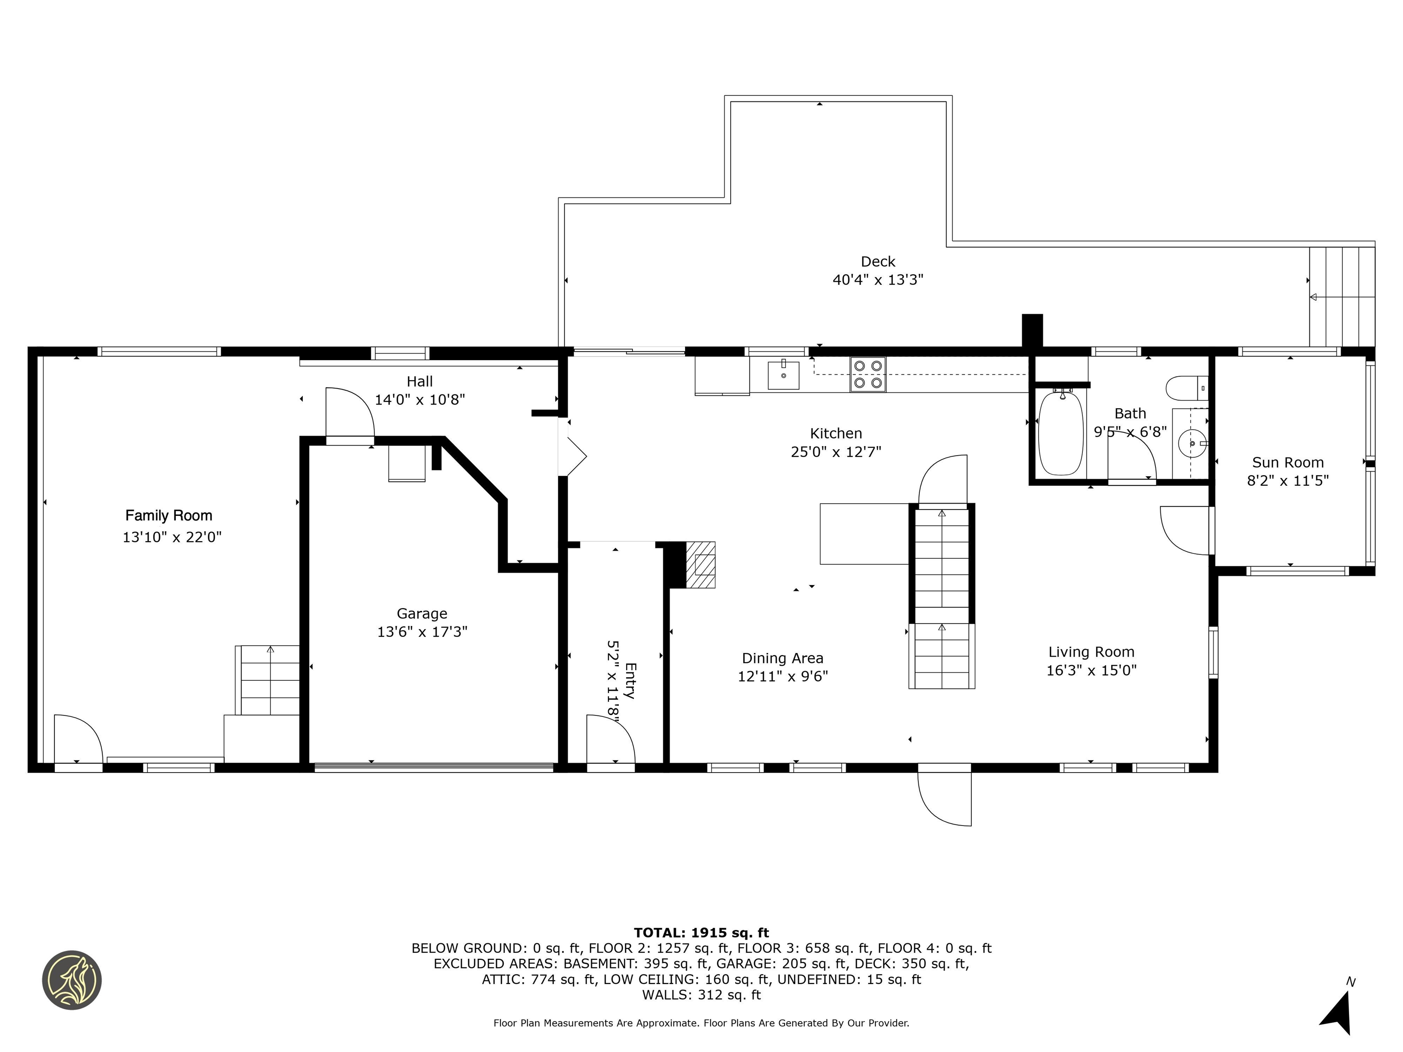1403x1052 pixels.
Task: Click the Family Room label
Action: pos(168,515)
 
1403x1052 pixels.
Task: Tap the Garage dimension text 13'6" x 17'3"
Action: pos(422,631)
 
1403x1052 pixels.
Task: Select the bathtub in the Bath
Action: pos(1060,434)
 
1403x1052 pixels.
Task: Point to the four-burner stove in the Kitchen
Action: pos(868,374)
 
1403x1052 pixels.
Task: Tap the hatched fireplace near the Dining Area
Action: pos(701,564)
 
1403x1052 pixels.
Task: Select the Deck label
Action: pos(878,261)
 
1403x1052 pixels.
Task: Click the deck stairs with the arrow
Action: pos(1341,297)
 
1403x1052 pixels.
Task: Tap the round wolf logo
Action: pos(72,980)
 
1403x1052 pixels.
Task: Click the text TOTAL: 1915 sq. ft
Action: pos(701,933)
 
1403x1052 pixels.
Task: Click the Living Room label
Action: pos(1091,652)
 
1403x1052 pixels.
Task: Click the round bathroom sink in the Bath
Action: pos(1191,443)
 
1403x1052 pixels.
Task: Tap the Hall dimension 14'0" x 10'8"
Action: pos(420,400)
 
